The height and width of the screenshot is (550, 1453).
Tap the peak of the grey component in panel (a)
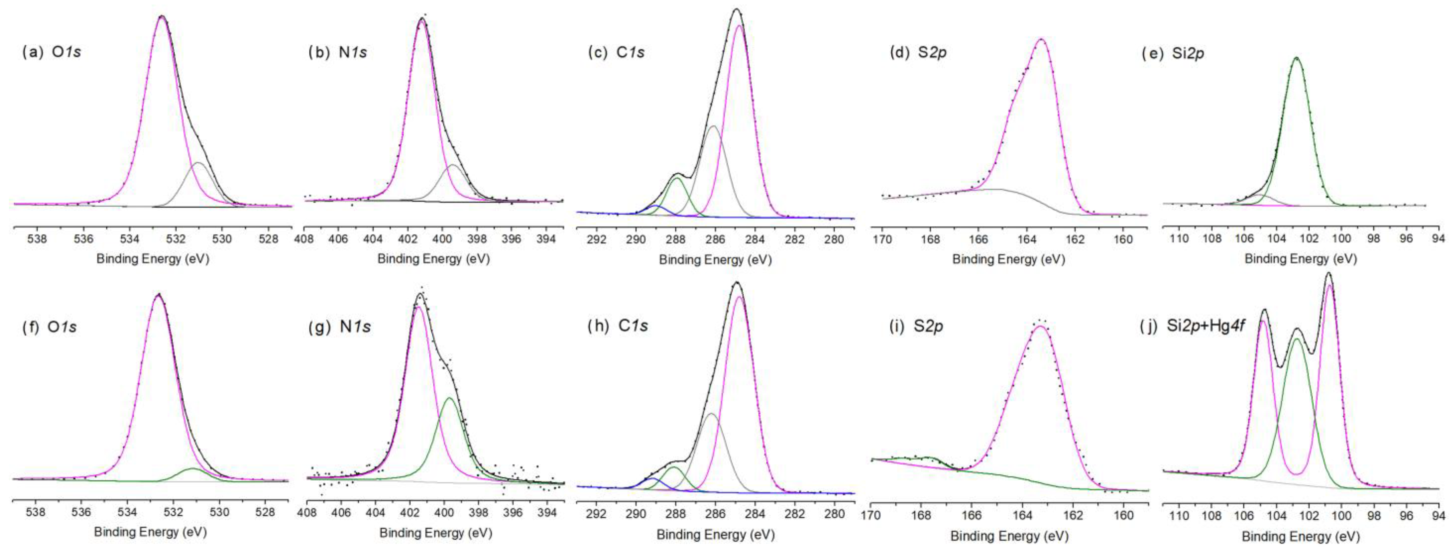coord(198,163)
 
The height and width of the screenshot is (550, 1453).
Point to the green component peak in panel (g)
coord(449,398)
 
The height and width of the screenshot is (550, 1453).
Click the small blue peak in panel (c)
coord(655,206)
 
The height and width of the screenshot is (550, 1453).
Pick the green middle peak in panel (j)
coord(1297,339)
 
